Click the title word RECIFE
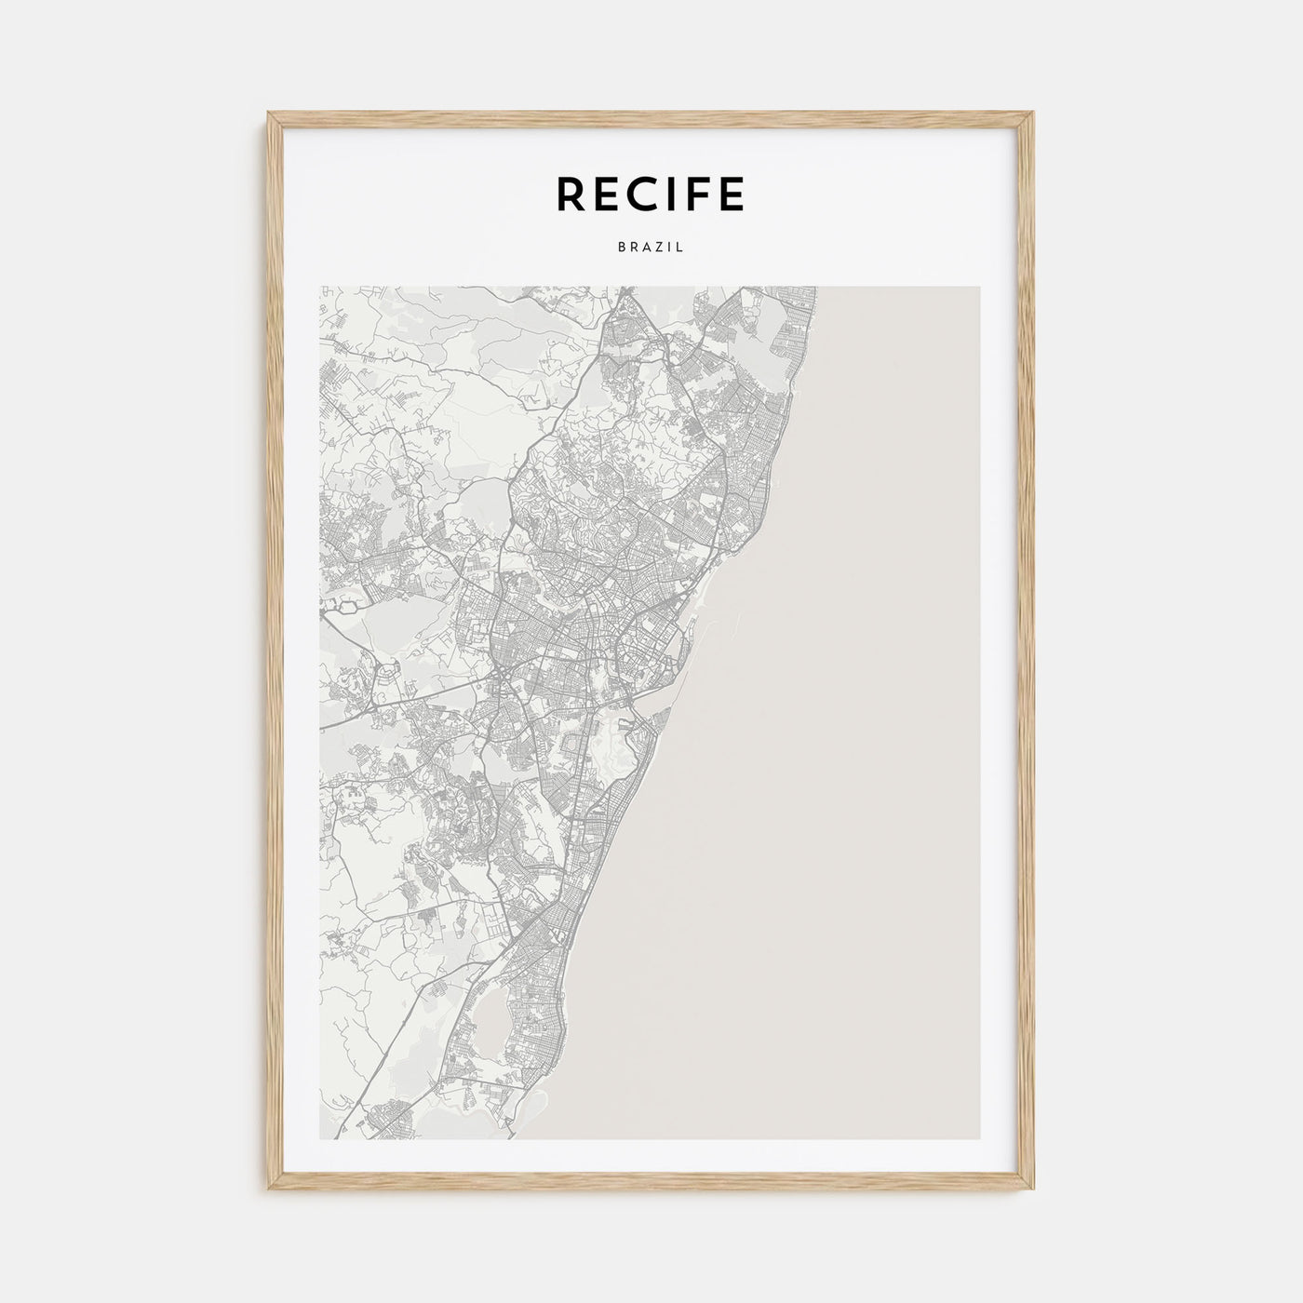[x=651, y=194]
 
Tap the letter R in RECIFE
[x=571, y=194]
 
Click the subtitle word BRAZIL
[x=651, y=248]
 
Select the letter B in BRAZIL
[x=621, y=248]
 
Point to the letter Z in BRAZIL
[x=657, y=248]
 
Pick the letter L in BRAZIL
[x=680, y=248]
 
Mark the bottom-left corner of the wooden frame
[x=268, y=1191]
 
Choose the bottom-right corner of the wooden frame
[x=1034, y=1191]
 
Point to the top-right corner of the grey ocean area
[x=978, y=288]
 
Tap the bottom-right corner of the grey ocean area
[x=978, y=1138]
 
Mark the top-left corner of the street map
[x=320, y=288]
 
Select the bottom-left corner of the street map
[x=320, y=1138]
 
